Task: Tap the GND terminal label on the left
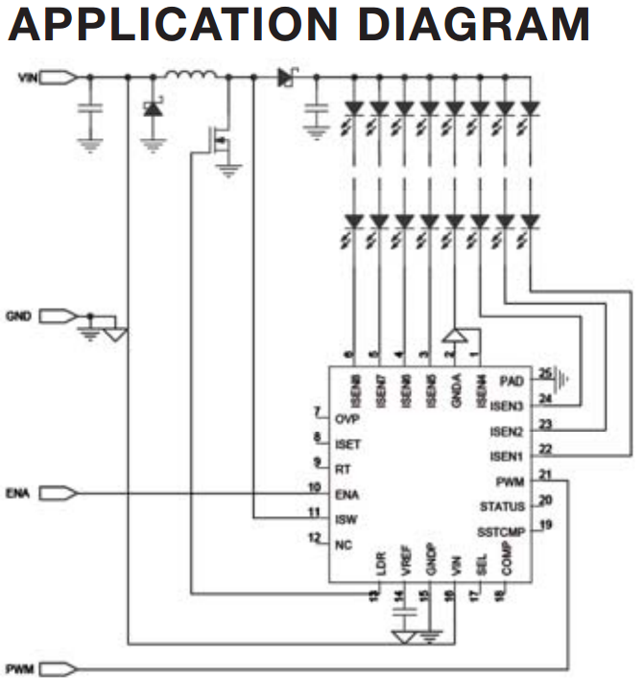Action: click(27, 315)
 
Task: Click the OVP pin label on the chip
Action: click(346, 419)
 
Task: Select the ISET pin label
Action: click(347, 444)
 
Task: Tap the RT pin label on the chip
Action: click(343, 469)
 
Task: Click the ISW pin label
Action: click(346, 519)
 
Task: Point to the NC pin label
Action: click(343, 544)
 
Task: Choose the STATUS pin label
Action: click(502, 506)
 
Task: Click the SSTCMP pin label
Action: click(500, 531)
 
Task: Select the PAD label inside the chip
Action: click(511, 381)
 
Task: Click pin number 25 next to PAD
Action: click(545, 372)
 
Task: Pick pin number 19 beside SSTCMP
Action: click(545, 524)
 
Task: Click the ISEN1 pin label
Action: click(507, 456)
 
